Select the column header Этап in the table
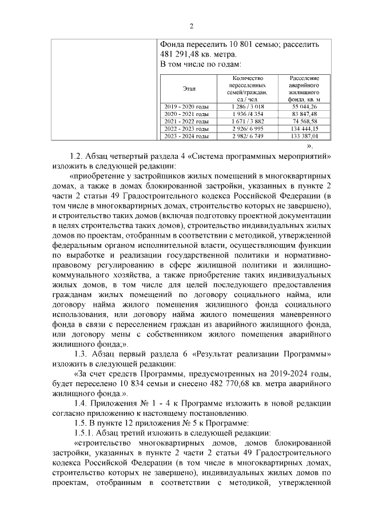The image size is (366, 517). click(x=189, y=89)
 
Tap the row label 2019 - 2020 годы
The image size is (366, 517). click(x=186, y=107)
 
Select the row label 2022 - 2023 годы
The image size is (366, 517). click(x=186, y=129)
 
